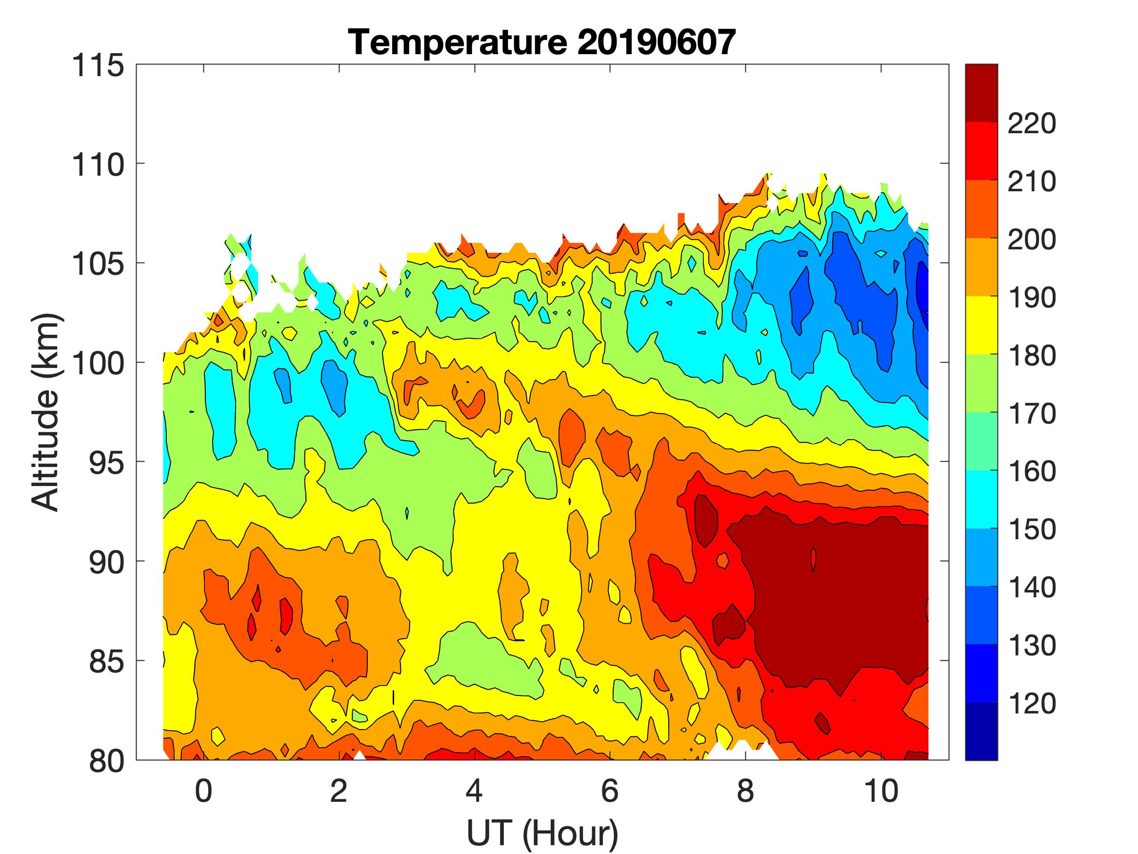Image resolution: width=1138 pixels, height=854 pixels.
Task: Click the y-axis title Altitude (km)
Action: [x=46, y=412]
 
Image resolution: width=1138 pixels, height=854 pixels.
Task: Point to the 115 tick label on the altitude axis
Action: [x=98, y=66]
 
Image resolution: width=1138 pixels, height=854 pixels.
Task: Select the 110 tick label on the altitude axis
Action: [x=98, y=165]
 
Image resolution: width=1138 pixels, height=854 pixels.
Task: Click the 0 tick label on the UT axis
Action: [x=204, y=791]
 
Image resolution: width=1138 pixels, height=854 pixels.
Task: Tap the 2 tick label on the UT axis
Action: [x=339, y=791]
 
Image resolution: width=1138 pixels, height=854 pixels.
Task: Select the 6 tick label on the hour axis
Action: [x=610, y=791]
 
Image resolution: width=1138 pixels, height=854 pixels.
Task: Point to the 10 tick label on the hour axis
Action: [x=882, y=791]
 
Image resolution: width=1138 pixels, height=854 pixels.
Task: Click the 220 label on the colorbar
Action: [x=1032, y=123]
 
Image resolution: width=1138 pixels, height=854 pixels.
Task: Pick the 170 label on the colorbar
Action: [x=1032, y=414]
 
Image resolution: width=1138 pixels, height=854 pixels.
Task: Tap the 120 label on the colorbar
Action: [x=1032, y=704]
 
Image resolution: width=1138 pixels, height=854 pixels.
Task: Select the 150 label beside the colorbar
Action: [x=1032, y=529]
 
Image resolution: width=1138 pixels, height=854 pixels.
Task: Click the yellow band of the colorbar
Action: [x=981, y=325]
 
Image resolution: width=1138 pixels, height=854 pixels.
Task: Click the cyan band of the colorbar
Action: [x=981, y=499]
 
